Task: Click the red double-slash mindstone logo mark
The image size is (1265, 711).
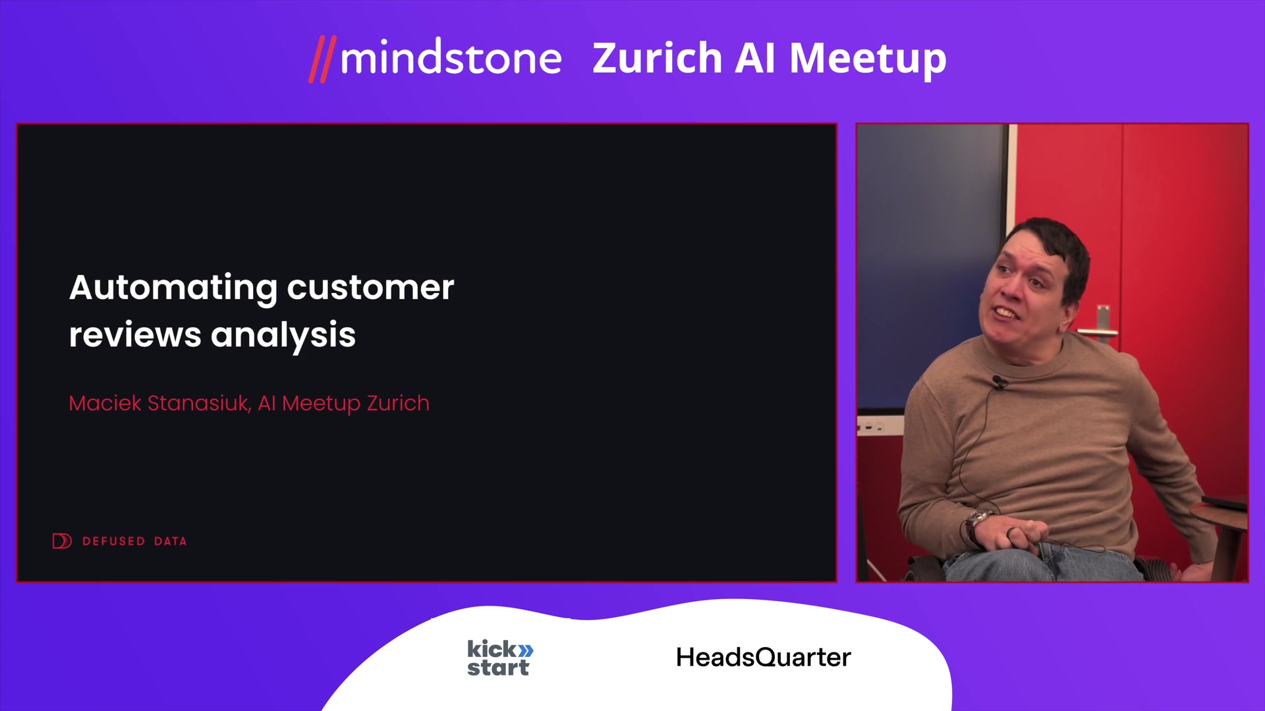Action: click(x=323, y=59)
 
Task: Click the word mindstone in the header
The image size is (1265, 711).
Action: click(x=451, y=58)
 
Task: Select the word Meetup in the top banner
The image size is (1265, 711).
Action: click(x=868, y=59)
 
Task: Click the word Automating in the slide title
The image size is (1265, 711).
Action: click(x=173, y=288)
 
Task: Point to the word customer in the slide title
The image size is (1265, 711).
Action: click(x=370, y=288)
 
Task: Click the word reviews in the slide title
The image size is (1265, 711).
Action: click(x=135, y=335)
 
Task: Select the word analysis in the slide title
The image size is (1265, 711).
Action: click(x=283, y=336)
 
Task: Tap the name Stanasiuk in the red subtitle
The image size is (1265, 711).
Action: click(x=200, y=403)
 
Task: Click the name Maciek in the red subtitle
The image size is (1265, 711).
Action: click(x=105, y=403)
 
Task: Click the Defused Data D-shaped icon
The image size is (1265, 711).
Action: click(x=62, y=541)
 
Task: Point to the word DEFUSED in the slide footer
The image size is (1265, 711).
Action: click(x=113, y=541)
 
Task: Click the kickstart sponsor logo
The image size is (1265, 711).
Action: click(x=500, y=658)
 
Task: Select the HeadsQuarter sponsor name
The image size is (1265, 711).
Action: click(x=764, y=658)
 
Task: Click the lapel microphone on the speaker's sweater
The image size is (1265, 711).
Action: click(x=999, y=382)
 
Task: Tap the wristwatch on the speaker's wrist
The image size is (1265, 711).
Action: click(x=979, y=521)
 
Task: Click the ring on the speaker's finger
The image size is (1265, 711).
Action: click(x=1010, y=532)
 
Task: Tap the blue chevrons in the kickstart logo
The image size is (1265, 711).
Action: click(x=526, y=650)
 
